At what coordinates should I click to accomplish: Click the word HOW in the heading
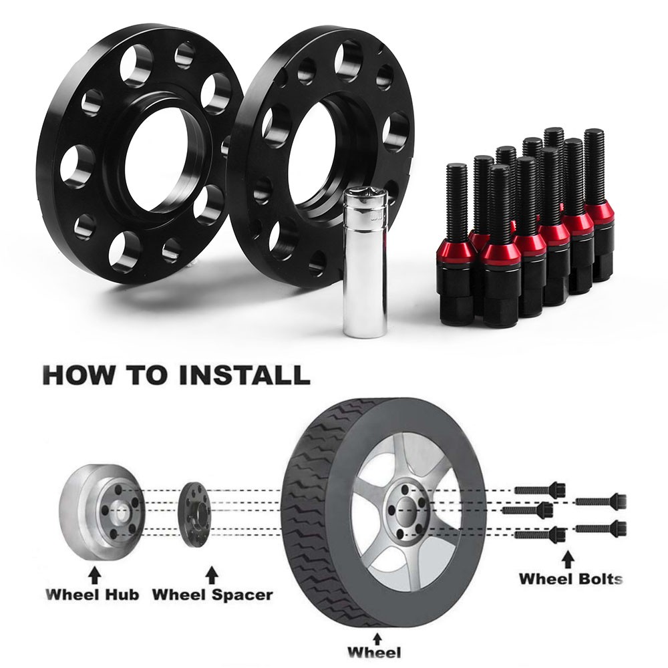click(x=78, y=375)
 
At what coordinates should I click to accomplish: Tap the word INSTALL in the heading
click(x=244, y=375)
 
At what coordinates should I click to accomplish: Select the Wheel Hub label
click(x=92, y=595)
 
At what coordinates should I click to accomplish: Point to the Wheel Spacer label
click(x=212, y=595)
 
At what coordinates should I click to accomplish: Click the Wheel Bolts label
click(x=570, y=579)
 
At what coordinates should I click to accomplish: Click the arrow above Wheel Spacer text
click(x=212, y=574)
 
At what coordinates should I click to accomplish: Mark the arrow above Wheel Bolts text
click(x=567, y=559)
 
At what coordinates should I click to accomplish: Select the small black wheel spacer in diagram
click(x=194, y=514)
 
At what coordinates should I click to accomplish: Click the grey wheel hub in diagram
click(x=102, y=512)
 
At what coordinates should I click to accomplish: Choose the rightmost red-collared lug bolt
click(x=598, y=204)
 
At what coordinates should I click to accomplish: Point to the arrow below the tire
click(x=377, y=639)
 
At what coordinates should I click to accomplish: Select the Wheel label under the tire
click(x=373, y=653)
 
